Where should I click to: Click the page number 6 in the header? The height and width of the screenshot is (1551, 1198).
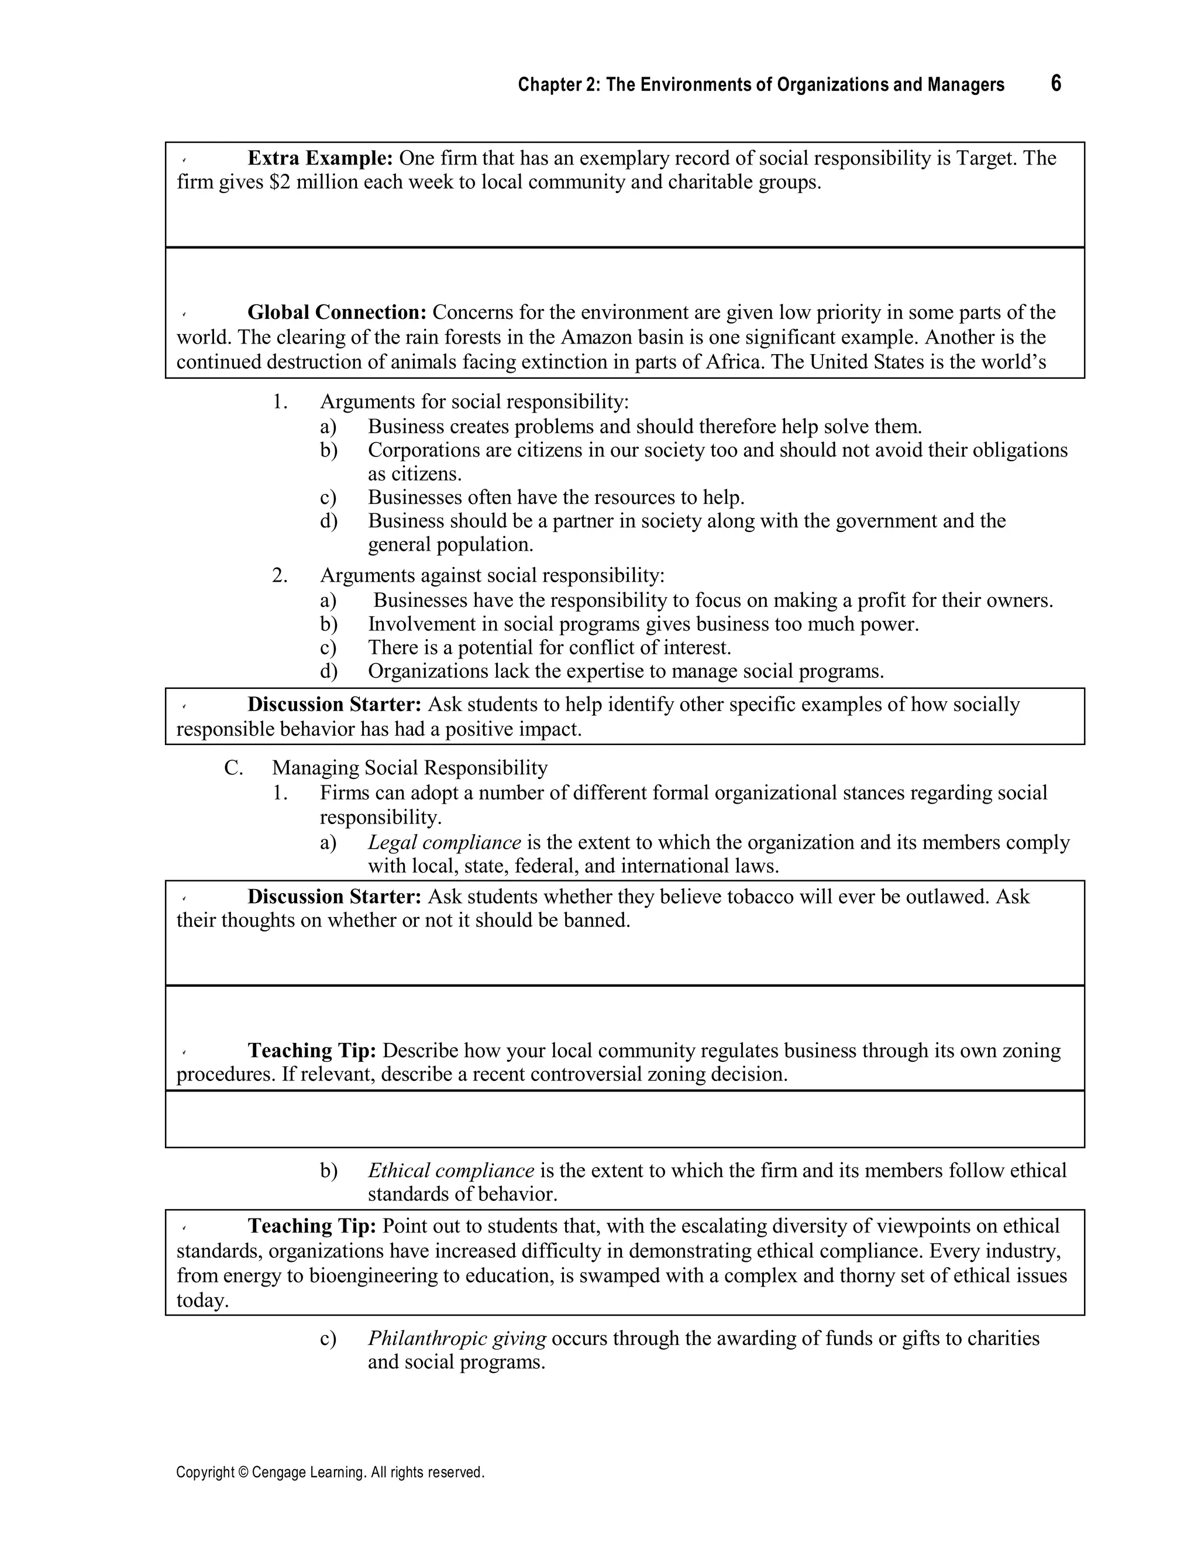point(1055,84)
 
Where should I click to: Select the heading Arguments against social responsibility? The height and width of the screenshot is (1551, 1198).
point(492,575)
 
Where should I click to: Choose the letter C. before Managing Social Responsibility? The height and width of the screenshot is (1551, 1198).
point(233,768)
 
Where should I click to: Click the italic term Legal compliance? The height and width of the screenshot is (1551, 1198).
point(445,843)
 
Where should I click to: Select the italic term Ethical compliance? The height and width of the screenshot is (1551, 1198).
point(450,1171)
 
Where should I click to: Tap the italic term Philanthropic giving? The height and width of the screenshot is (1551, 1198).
point(456,1339)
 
